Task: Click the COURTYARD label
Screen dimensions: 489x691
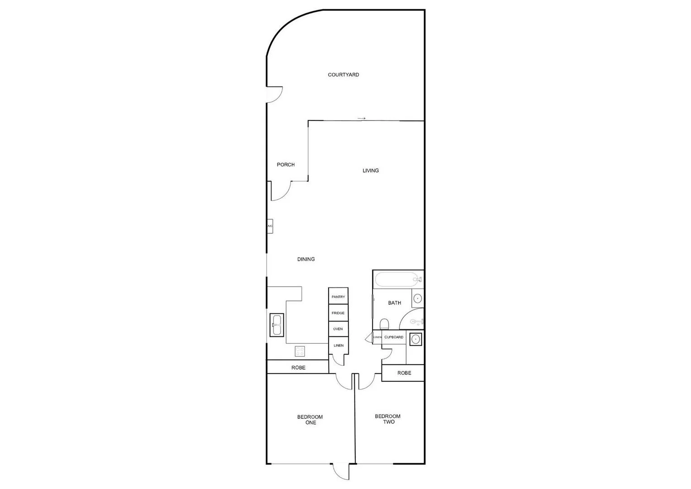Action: pyautogui.click(x=343, y=75)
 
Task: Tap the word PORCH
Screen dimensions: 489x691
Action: pyautogui.click(x=286, y=165)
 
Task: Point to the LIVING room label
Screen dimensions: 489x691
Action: pyautogui.click(x=371, y=171)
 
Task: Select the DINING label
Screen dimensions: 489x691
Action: pyautogui.click(x=306, y=259)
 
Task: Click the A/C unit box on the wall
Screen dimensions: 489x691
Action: pyautogui.click(x=270, y=226)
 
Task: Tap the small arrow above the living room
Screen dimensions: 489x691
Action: pyautogui.click(x=362, y=119)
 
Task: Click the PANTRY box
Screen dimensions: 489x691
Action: pyautogui.click(x=338, y=297)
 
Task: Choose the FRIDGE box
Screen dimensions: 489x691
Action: pyautogui.click(x=338, y=313)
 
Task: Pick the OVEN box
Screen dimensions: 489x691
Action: pyautogui.click(x=338, y=329)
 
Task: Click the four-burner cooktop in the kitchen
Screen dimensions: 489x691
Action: pyautogui.click(x=300, y=351)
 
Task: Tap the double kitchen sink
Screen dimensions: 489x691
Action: pyautogui.click(x=276, y=325)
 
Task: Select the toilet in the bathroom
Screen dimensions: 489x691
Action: pyautogui.click(x=385, y=324)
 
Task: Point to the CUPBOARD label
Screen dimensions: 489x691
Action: pyautogui.click(x=394, y=337)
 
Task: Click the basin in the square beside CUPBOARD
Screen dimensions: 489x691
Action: pyautogui.click(x=415, y=339)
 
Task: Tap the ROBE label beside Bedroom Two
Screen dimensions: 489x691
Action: pyautogui.click(x=404, y=373)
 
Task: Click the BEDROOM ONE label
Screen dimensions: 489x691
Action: pyautogui.click(x=310, y=420)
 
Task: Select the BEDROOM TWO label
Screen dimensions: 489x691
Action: pyautogui.click(x=388, y=419)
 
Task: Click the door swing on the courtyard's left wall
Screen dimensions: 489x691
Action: pyautogui.click(x=275, y=94)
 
